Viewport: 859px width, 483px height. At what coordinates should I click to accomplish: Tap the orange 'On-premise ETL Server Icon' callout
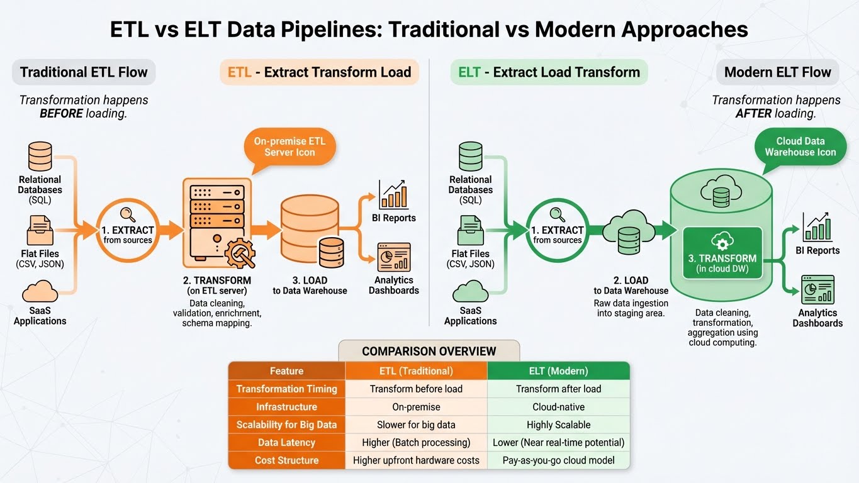(289, 147)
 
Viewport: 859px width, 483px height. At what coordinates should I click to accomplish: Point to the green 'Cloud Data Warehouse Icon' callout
(800, 147)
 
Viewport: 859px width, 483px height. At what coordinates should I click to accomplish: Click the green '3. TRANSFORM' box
(722, 253)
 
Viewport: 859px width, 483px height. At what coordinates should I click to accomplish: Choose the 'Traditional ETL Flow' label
(84, 72)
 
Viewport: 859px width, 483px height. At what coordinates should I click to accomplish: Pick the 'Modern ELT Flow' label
(777, 72)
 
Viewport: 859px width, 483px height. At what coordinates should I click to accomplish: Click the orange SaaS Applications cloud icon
(40, 292)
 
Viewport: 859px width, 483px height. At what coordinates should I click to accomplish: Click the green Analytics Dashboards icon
(817, 290)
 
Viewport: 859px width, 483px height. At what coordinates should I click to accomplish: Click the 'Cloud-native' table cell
(558, 407)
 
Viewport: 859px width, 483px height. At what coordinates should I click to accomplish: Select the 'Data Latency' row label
(286, 443)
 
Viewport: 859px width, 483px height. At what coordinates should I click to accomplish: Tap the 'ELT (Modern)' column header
(558, 371)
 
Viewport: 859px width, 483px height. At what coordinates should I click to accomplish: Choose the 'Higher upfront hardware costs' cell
(416, 460)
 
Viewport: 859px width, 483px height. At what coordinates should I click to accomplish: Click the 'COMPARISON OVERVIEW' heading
(429, 351)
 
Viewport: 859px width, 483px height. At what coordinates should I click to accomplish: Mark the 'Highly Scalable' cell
(558, 425)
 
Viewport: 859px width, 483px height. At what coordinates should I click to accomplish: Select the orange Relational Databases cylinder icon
(40, 157)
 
